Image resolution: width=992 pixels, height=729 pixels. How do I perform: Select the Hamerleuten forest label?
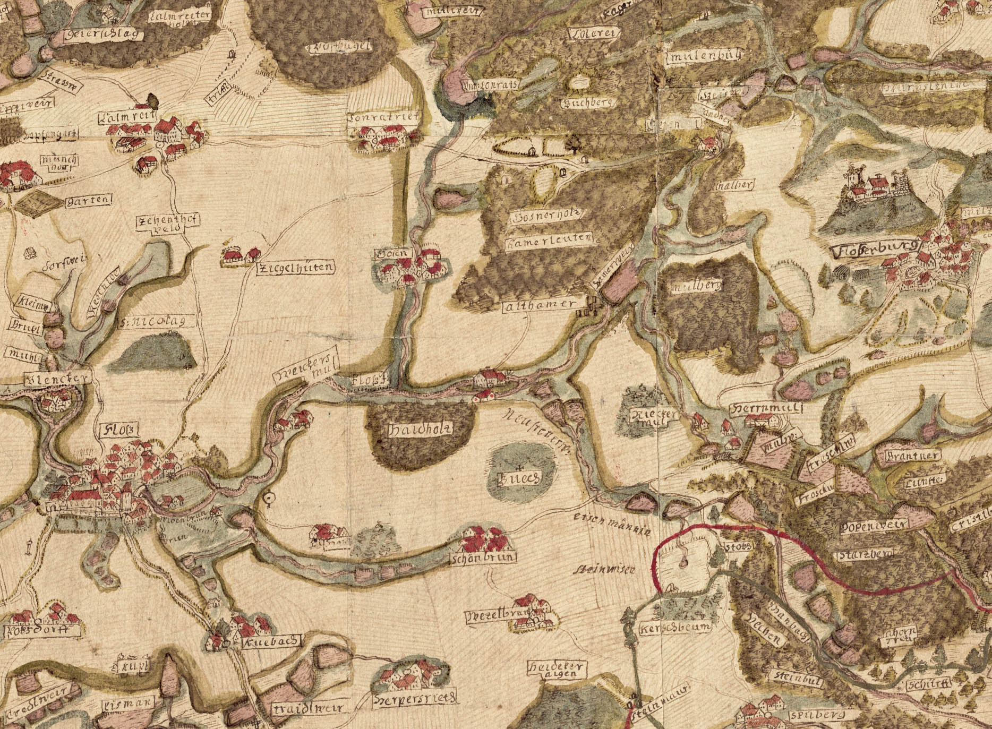[547, 241]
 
